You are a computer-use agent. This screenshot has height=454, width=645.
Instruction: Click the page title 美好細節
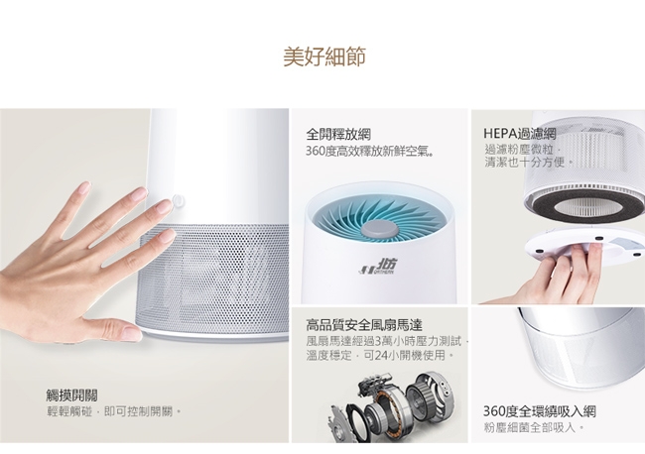(324, 57)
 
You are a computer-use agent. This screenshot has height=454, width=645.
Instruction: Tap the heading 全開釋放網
(338, 134)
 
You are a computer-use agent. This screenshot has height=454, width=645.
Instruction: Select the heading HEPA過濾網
(520, 134)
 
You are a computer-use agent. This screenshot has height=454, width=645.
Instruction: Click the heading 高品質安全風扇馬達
(364, 325)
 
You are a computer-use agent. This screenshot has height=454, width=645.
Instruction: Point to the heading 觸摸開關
(72, 396)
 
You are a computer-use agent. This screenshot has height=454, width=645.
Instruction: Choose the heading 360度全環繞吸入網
(539, 410)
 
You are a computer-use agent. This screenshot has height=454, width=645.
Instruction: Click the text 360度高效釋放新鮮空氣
(369, 152)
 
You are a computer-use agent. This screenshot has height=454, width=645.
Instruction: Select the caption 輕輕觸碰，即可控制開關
(113, 411)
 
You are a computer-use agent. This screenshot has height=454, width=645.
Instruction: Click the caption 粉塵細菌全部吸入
(534, 427)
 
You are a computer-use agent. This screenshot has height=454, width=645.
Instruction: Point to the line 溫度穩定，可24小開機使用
(379, 355)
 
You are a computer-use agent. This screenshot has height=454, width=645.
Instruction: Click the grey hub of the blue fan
(379, 229)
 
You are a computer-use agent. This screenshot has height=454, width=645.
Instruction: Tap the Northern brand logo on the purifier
(377, 267)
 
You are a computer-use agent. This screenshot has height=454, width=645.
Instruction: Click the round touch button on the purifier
(178, 201)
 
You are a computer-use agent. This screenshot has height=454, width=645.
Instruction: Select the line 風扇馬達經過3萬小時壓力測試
(387, 341)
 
